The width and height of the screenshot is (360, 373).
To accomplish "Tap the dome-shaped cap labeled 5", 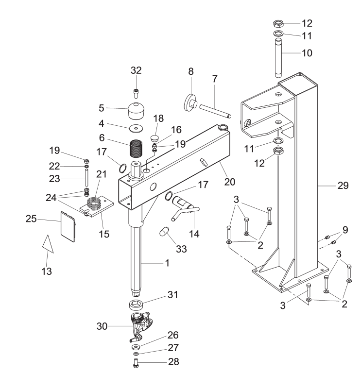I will [137, 112].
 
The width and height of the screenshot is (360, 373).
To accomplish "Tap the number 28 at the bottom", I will [160, 361].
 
